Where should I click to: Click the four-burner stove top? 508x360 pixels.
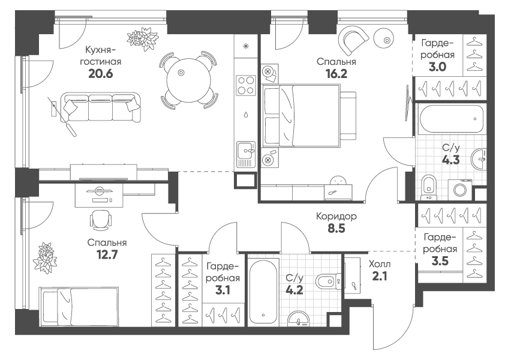coord(245,85)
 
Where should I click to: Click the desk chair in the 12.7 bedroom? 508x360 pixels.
coord(100,220)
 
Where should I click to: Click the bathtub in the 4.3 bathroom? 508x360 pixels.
coord(451,119)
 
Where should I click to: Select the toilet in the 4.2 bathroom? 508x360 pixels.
coord(326,281)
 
